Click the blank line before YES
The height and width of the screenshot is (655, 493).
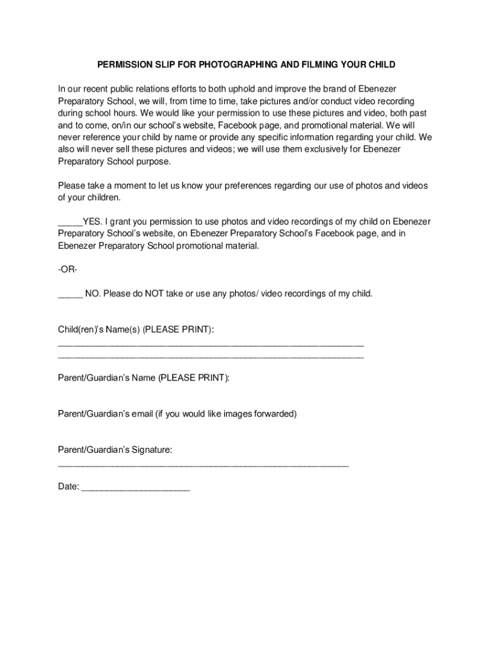point(70,223)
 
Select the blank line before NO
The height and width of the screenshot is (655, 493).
point(70,295)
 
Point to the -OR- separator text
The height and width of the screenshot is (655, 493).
point(67,269)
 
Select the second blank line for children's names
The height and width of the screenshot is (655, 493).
point(211,356)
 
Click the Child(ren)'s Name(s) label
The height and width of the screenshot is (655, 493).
point(136,329)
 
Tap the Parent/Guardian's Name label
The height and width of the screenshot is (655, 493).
point(143,378)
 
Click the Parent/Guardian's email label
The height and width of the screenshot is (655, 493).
point(177,414)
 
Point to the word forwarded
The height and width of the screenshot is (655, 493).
point(274,414)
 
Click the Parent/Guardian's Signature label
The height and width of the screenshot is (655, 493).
point(115,450)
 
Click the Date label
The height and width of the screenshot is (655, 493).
point(69,487)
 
